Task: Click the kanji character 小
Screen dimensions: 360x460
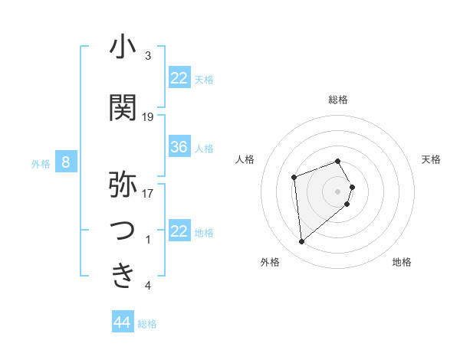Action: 123,47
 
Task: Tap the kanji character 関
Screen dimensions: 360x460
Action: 123,109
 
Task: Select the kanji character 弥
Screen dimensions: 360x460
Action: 123,185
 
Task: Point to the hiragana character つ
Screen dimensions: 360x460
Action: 123,231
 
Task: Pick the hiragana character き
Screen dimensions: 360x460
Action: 123,276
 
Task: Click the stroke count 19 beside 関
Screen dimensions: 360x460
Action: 148,117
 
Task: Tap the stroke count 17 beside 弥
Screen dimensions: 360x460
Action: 148,193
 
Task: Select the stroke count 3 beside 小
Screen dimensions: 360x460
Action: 148,56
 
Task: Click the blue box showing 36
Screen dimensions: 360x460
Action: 179,148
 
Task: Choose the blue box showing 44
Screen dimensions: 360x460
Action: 123,322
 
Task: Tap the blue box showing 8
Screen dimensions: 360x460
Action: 67,162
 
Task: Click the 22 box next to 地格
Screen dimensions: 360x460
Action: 179,231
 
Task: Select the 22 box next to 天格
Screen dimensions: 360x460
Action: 179,78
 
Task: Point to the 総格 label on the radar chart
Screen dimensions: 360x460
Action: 338,100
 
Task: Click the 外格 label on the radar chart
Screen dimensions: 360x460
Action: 270,262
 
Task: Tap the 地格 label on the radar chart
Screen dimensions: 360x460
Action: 402,262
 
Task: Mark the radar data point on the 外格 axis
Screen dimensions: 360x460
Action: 302,242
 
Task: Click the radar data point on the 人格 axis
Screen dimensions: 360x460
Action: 294,178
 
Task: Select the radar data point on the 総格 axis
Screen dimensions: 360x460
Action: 338,161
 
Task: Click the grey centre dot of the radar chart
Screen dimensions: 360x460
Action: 338,190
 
